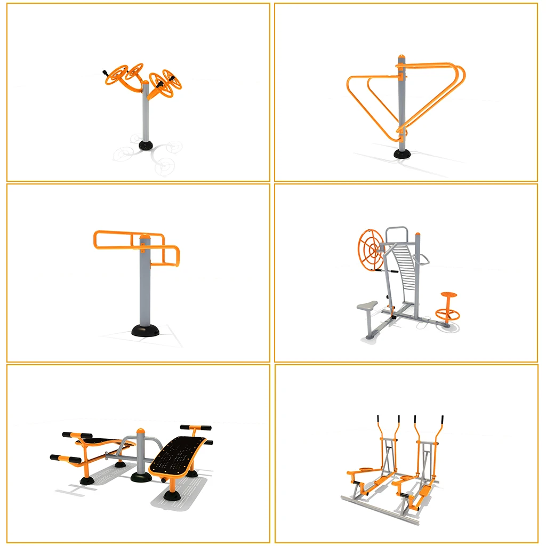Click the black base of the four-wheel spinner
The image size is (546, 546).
[x=145, y=145]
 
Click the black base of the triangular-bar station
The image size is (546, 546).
[x=403, y=154]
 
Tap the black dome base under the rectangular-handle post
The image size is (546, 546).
[x=145, y=330]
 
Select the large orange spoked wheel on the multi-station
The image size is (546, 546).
[x=370, y=248]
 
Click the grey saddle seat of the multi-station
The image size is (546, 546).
[x=367, y=306]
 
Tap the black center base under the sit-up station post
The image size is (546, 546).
[x=141, y=476]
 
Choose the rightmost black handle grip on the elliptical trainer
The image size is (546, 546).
[x=443, y=419]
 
